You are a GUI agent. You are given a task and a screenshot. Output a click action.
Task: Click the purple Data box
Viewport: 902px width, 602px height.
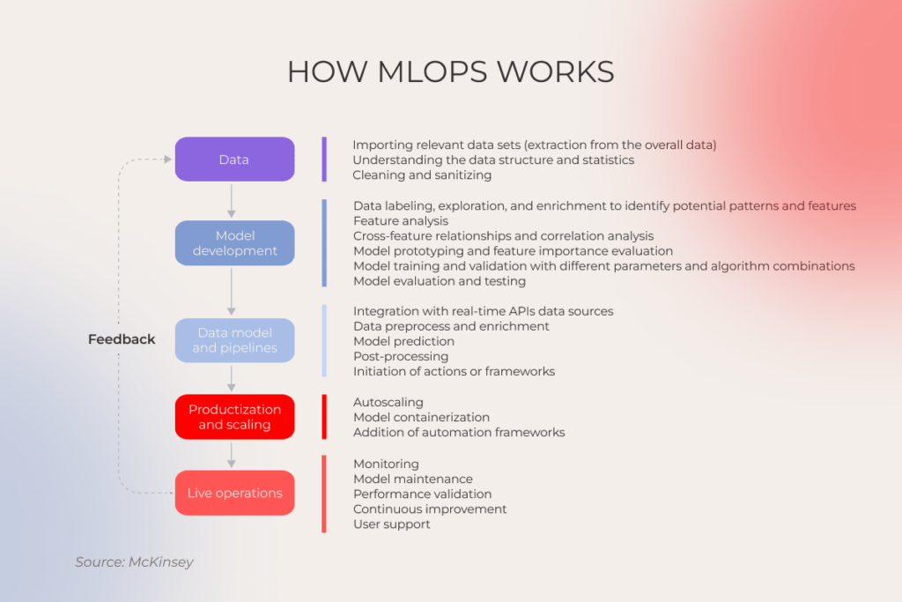pos(234,160)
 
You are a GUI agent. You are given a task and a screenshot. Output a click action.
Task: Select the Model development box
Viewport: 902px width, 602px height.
pos(234,243)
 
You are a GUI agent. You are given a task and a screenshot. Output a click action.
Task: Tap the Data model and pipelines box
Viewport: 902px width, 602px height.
pos(234,340)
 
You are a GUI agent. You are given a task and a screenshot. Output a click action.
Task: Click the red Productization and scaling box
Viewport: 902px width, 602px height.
pos(234,417)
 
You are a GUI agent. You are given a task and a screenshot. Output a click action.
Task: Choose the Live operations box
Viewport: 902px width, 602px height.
pos(234,493)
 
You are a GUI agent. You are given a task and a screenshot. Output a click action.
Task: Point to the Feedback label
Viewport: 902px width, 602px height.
pos(122,339)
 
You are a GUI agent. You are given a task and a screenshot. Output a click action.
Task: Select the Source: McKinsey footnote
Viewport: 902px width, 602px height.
pos(134,561)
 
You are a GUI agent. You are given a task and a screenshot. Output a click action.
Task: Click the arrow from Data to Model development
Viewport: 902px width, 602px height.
pos(232,200)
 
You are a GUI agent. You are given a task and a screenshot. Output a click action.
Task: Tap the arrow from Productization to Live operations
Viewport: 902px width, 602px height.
pos(232,454)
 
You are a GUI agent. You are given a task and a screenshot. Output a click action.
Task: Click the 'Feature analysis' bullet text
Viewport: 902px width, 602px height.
pos(401,221)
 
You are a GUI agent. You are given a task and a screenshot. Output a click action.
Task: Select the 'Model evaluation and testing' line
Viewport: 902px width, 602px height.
pos(439,281)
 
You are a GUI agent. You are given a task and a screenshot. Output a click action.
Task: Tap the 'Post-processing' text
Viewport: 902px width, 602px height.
pos(401,356)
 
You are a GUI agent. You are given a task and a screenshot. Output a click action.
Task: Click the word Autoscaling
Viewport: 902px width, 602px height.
pos(388,402)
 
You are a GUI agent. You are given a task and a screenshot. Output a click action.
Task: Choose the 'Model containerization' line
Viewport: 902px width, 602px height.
pos(421,417)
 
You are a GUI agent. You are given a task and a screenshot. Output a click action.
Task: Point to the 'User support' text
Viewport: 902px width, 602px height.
pos(391,524)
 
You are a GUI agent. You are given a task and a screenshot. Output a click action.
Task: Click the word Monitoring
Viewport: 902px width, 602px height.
pos(386,464)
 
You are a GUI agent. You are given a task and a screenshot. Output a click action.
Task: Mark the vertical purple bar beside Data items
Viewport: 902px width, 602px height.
pos(324,160)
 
